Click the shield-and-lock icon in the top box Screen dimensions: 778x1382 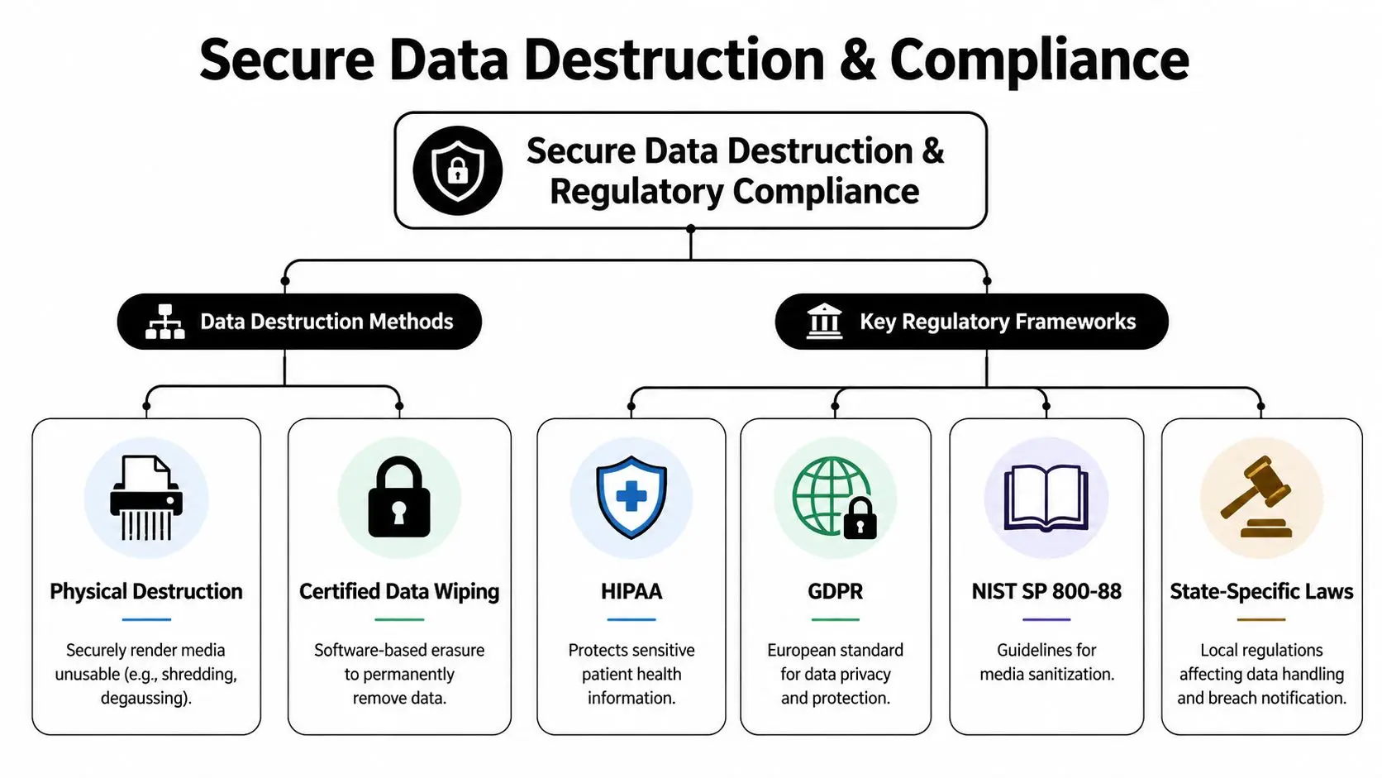tap(457, 170)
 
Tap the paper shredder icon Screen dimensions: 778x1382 tap(146, 499)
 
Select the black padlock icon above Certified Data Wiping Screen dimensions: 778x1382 tap(399, 499)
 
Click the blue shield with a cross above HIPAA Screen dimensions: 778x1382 tap(631, 498)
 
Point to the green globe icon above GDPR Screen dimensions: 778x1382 tap(829, 495)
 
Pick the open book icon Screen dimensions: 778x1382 tap(1046, 498)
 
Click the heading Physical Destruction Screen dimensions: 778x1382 tap(146, 592)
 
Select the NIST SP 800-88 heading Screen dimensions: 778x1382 tap(1046, 592)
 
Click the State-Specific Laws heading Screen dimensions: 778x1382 tap(1261, 592)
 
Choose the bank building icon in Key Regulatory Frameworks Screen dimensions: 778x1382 tap(824, 322)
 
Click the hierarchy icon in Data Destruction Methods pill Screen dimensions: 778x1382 tap(165, 322)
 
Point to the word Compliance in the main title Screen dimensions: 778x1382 tap(1039, 60)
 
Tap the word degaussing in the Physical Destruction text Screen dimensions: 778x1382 tap(145, 699)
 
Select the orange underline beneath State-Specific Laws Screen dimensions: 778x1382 tap(1261, 619)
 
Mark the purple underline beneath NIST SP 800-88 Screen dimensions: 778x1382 tap(1046, 619)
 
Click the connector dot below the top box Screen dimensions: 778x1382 tap(691, 229)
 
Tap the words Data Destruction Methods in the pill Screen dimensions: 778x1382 tap(326, 322)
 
